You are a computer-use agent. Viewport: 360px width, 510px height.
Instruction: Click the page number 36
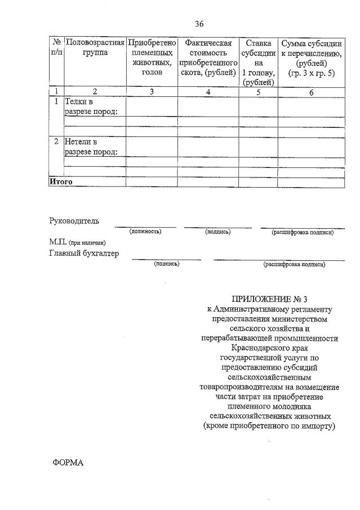(x=199, y=24)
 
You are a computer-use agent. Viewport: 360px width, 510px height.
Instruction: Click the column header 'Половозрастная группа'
(x=95, y=48)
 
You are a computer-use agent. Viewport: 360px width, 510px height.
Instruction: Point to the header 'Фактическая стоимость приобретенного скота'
(x=208, y=58)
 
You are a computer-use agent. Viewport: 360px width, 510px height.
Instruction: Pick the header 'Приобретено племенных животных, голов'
(x=152, y=58)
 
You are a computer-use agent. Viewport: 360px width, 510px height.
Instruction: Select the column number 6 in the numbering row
(x=311, y=92)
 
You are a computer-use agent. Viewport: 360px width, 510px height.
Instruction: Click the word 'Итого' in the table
(x=61, y=182)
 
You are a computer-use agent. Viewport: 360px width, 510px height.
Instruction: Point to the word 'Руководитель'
(x=74, y=221)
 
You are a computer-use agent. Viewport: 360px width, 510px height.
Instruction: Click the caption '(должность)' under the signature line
(x=145, y=232)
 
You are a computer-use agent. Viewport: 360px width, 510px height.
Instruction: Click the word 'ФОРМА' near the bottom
(x=68, y=462)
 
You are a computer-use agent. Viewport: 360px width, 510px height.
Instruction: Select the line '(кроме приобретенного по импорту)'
(x=269, y=426)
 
